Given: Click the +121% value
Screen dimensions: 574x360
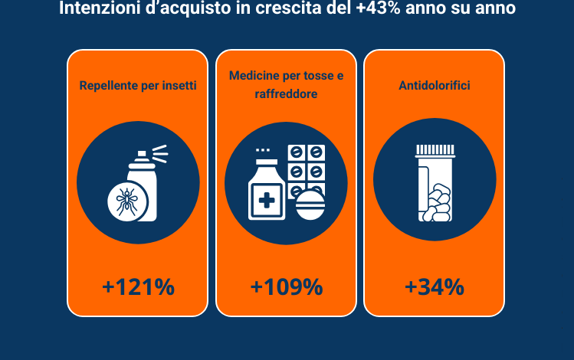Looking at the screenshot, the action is [138, 286].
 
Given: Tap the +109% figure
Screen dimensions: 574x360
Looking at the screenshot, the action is [287, 286].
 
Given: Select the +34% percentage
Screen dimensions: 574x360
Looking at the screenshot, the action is [435, 286].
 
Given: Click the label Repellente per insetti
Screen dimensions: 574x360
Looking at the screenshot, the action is [138, 85].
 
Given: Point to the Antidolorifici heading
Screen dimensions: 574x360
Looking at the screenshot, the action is [435, 85].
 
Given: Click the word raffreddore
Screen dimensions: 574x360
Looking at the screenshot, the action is [286, 94].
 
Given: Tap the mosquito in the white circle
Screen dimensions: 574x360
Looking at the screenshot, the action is [126, 201].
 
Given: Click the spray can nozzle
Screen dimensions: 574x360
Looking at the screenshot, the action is [142, 155].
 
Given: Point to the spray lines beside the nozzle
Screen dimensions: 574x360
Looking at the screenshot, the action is [160, 154].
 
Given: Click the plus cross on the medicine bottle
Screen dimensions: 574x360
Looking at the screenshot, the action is [267, 201].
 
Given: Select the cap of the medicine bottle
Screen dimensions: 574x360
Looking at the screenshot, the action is [267, 162].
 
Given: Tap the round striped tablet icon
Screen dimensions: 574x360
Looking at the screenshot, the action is [310, 205].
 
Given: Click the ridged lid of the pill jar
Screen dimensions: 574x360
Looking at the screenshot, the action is [435, 150].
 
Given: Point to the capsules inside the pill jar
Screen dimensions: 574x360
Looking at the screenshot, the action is [437, 203].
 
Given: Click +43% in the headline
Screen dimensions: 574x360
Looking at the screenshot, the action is [378, 8].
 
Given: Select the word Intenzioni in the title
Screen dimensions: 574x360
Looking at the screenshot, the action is [100, 8].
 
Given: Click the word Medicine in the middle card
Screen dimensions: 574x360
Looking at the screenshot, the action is [254, 75].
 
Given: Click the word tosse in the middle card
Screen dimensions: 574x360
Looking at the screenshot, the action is [319, 76].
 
